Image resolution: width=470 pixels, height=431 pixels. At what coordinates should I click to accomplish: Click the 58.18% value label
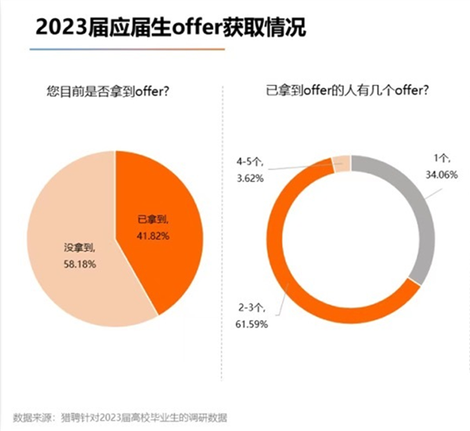click(78, 264)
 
